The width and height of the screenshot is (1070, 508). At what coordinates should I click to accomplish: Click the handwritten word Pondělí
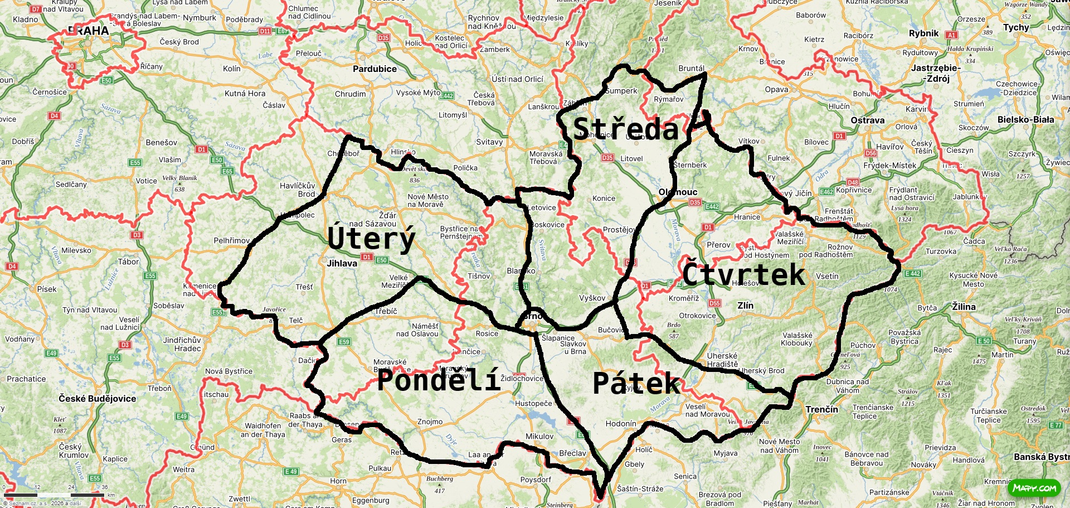tap(439, 381)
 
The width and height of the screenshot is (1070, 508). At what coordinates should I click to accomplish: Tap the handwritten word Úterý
tap(371, 239)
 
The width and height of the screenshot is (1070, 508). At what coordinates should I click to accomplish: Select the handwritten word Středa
tap(625, 129)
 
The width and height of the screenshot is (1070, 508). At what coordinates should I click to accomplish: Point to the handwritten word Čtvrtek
tap(743, 274)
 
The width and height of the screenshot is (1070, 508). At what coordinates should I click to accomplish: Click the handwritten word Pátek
tap(636, 384)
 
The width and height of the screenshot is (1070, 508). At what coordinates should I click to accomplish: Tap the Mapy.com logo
tap(1034, 488)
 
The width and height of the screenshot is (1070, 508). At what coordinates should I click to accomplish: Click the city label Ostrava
tap(867, 120)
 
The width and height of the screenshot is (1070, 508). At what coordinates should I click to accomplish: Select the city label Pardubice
tap(374, 69)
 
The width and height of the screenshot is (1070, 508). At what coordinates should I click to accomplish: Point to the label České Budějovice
tap(97, 399)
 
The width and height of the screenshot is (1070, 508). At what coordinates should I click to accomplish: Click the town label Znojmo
tap(430, 422)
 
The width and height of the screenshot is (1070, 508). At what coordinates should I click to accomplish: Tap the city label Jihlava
tap(342, 263)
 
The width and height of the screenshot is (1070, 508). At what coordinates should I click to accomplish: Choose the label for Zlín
tap(745, 306)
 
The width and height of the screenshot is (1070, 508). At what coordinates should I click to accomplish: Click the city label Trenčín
tap(821, 409)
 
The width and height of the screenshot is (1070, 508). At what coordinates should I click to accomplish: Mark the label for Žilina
tap(964, 307)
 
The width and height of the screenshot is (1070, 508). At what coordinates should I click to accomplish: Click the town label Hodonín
tap(620, 424)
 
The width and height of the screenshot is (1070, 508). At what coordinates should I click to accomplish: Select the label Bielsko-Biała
tap(1025, 119)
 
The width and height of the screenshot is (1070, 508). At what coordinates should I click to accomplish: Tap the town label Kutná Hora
tap(245, 93)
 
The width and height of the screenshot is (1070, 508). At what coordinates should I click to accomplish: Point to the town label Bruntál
tap(691, 69)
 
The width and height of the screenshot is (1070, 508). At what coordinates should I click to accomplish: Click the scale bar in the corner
tap(56, 494)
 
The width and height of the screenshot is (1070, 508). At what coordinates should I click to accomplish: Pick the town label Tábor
tap(128, 262)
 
